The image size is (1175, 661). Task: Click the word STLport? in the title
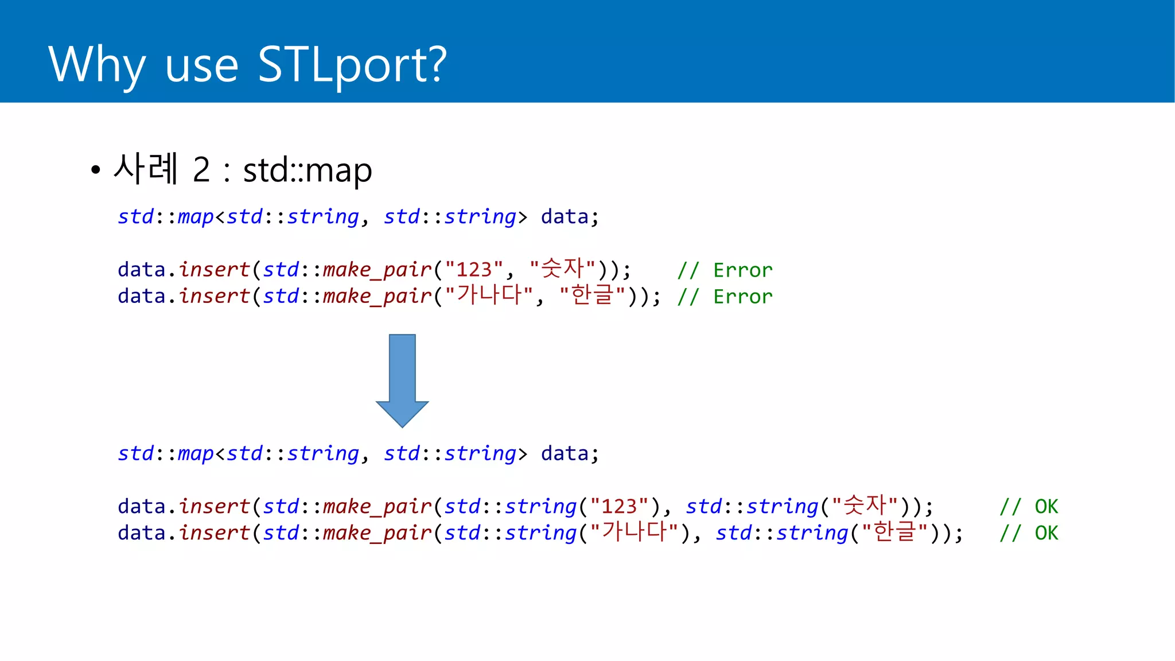(352, 65)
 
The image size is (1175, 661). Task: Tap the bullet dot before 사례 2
(95, 170)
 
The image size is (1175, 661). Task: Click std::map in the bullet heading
(308, 170)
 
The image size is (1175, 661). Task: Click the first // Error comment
(725, 270)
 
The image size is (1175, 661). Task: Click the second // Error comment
(725, 296)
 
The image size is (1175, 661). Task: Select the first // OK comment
(1029, 506)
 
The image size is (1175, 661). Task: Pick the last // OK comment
(1029, 532)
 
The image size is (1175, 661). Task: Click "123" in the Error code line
(474, 269)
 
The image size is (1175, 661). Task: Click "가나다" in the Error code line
(489, 295)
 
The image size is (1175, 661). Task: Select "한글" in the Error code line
(593, 295)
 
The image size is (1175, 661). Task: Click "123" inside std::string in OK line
(619, 506)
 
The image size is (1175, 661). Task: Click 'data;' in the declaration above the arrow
(570, 217)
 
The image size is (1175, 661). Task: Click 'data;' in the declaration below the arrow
(570, 454)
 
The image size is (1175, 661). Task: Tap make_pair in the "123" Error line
(377, 270)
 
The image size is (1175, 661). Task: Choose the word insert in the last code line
(215, 532)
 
